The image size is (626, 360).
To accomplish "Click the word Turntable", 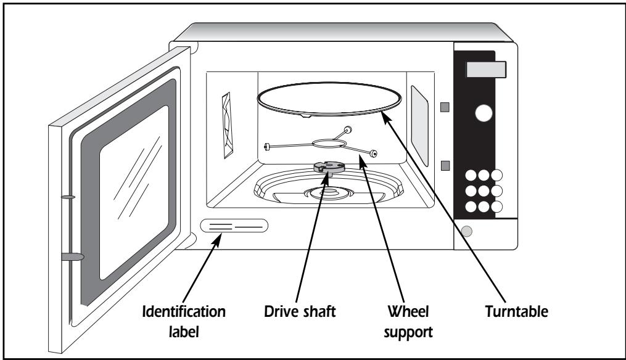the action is pos(517,311).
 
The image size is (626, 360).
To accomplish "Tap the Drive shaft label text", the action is pos(300,311).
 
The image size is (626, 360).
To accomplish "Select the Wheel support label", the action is pos(408,322).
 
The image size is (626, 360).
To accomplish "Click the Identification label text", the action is pos(184,321).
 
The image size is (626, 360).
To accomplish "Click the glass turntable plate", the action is pos(329,99).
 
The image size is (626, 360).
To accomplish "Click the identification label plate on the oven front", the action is pos(234,226).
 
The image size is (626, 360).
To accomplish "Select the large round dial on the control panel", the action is pos(484,113).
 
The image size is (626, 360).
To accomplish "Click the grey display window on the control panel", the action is pos(486,70).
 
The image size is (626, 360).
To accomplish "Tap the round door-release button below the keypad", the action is pos(466,231).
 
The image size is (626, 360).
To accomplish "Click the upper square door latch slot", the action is pos(445,107).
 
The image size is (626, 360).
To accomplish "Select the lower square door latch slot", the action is pos(445,166).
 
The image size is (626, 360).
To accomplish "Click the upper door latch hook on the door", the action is pos(68,197).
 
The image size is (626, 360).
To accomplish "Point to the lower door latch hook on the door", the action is pos(73,256).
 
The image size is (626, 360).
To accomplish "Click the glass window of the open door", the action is pos(134,193).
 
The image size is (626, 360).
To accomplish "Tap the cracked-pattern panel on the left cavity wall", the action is pos(227,125).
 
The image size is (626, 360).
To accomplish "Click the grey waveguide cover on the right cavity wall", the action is pos(419,125).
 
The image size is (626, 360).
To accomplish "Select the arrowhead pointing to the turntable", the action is pos(384,118).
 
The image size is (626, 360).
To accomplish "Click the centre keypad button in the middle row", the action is pos(484,190).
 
